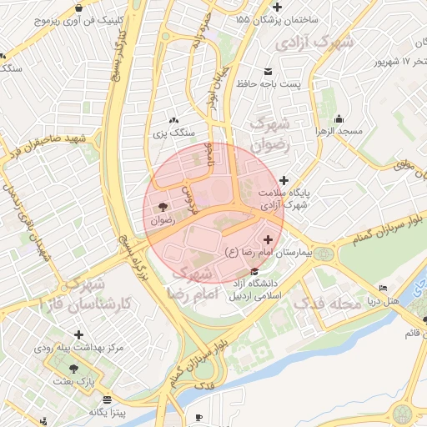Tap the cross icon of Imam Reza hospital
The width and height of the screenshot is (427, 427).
(x=267, y=240)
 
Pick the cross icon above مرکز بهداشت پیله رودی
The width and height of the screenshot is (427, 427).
(x=79, y=334)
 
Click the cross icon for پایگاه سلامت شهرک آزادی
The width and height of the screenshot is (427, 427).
(x=284, y=180)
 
